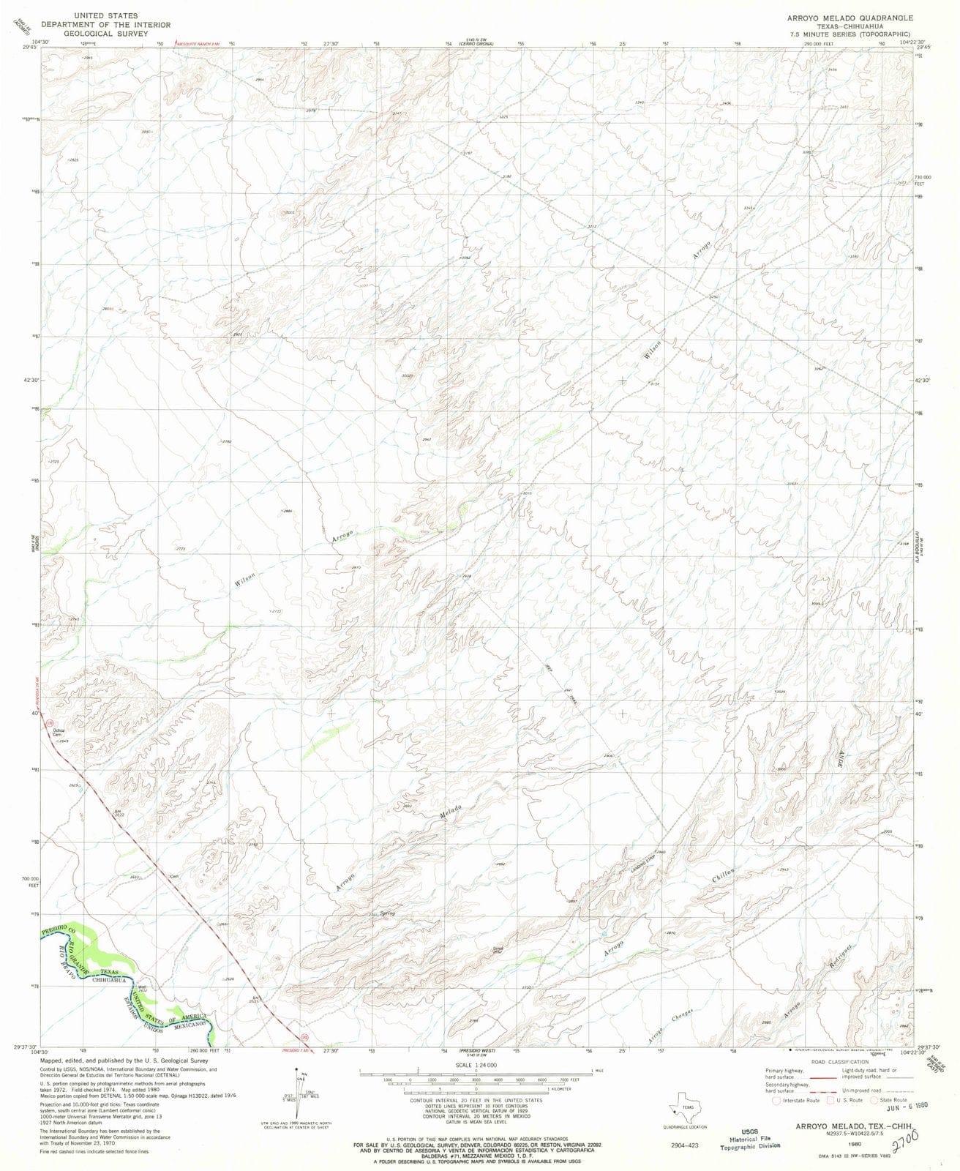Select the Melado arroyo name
click(x=450, y=812)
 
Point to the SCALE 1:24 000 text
click(x=476, y=1065)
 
